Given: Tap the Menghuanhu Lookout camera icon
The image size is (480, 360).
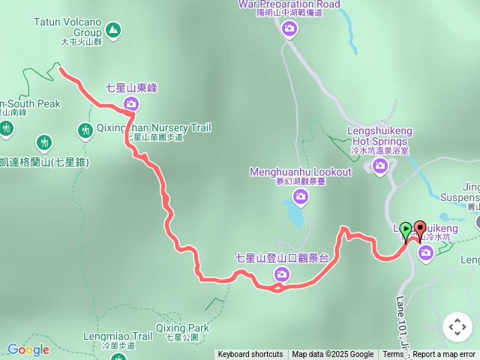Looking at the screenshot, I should pyautogui.click(x=301, y=196).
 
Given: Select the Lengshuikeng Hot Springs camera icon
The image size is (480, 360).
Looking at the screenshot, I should pyautogui.click(x=380, y=166).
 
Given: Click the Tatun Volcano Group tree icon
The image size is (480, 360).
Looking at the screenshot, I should pyautogui.click(x=112, y=30).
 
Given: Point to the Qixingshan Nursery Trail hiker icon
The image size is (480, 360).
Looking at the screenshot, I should pyautogui.click(x=85, y=130).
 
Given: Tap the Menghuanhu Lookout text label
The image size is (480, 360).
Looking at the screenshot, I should pyautogui.click(x=301, y=172).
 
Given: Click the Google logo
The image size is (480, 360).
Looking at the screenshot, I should pyautogui.click(x=28, y=349).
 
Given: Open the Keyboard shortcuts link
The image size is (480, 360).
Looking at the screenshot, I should pyautogui.click(x=250, y=355).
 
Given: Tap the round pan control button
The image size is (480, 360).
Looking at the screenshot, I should pyautogui.click(x=457, y=327).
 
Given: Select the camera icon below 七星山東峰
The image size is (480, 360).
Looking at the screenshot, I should pyautogui.click(x=132, y=103).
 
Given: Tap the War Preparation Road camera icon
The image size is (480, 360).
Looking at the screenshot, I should pyautogui.click(x=289, y=28).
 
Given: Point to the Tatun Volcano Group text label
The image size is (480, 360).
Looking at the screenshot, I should pyautogui.click(x=67, y=28).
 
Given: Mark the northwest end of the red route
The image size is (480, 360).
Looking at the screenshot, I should pyautogui.click(x=60, y=70).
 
